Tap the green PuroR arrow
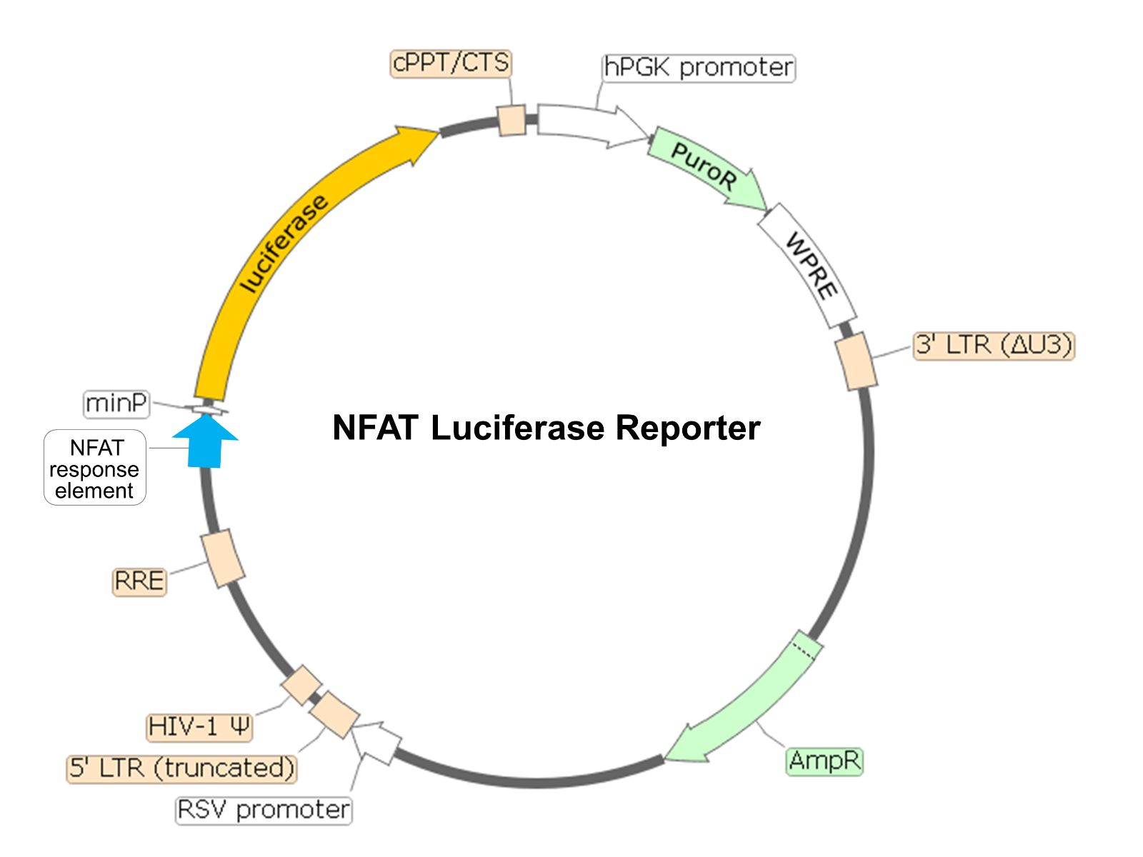coord(704,167)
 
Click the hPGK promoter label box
coord(698,68)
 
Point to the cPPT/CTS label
coord(451,63)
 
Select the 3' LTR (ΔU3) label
coord(994,346)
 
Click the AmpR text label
coord(824,761)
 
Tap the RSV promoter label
coord(264,811)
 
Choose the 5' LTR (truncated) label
coord(182,768)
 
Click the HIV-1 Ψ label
coord(199,727)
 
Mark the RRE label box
coord(139,581)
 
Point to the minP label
coord(116,404)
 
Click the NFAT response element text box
coord(95,468)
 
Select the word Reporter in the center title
coord(687,428)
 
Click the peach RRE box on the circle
coord(223,558)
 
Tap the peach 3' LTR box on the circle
coord(855,361)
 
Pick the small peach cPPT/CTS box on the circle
coord(511,120)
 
